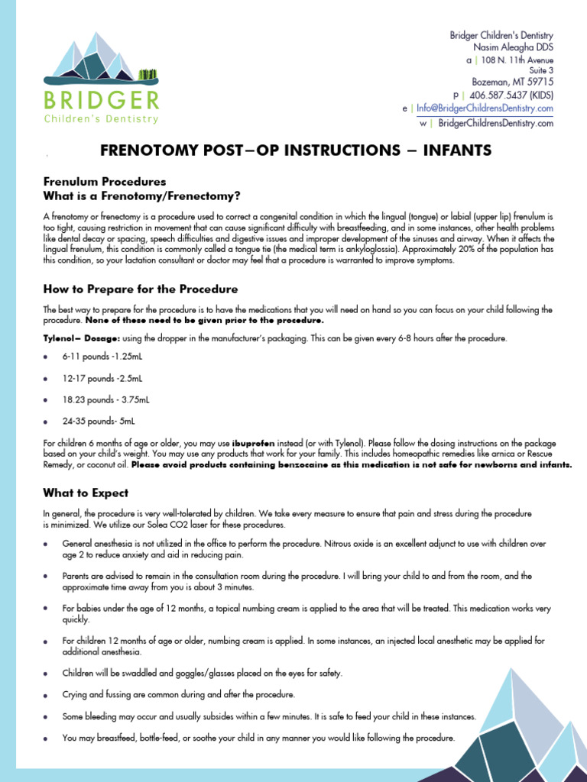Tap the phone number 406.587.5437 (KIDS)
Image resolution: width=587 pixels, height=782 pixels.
click(511, 95)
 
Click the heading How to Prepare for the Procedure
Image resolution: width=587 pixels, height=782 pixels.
click(140, 289)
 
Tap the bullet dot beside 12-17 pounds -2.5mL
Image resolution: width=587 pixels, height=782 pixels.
click(47, 379)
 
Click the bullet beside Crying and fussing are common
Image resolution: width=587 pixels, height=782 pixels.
click(47, 695)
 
